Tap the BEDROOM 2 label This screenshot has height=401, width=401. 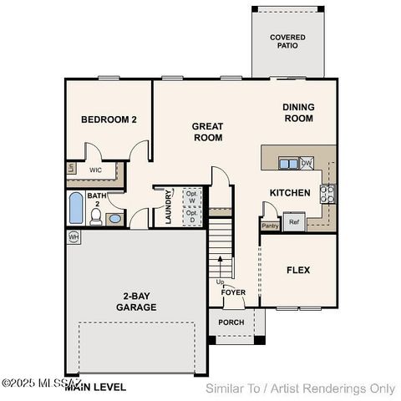point(109,120)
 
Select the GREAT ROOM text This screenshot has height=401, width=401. point(207,132)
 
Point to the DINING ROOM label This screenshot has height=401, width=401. point(297,113)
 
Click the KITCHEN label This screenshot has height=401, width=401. point(290,193)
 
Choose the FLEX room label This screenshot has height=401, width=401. point(298,270)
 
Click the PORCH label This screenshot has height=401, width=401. point(231,322)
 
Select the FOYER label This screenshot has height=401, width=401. point(233,292)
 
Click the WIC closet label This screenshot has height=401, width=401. point(96,170)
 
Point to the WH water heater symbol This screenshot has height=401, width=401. point(74,236)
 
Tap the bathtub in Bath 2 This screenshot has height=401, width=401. point(76,208)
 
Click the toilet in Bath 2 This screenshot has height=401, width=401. point(97,218)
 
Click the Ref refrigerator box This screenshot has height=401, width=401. point(293,222)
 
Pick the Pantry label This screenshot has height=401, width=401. point(270,226)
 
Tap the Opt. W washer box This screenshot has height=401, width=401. point(192,197)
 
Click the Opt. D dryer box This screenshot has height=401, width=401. point(192,216)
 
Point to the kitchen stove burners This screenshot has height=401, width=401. point(327,194)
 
